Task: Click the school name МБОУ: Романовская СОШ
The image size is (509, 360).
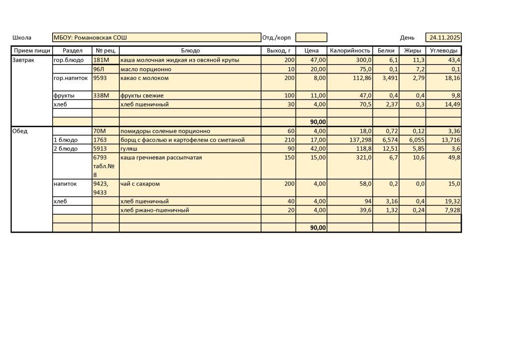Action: point(90,38)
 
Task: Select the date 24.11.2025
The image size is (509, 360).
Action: point(445,38)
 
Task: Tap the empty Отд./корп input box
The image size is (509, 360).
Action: point(311,38)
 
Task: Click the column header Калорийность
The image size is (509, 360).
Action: point(350,51)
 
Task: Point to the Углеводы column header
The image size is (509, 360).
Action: point(443,51)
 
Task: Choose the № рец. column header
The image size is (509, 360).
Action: point(105,51)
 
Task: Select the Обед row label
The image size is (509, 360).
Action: point(20,131)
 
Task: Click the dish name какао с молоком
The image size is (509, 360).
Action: point(145,78)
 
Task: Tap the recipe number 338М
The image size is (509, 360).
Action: point(100,95)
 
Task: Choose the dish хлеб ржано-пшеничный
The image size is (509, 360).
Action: point(155,210)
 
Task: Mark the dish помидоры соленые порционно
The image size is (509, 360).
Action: point(165,131)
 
